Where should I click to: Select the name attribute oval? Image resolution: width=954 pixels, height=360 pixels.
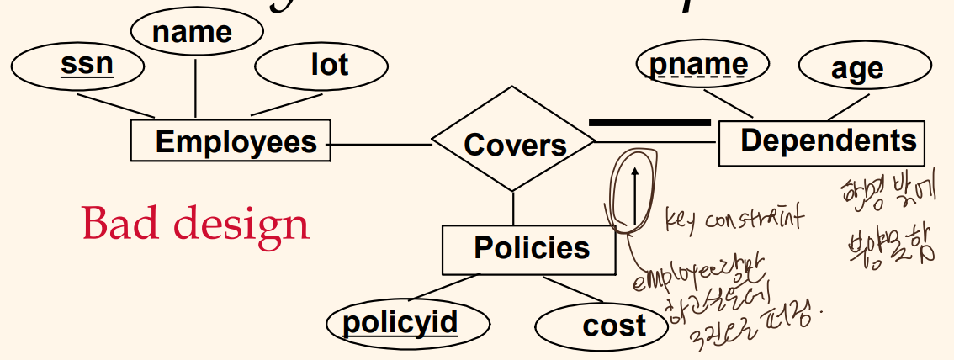point(193,32)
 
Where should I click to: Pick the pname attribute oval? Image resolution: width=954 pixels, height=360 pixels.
point(698,65)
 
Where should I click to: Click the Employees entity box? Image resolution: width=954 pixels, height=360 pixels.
point(231,140)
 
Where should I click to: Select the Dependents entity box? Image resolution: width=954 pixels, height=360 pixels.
point(821,141)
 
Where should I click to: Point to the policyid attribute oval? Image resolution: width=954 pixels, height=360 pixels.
point(399,322)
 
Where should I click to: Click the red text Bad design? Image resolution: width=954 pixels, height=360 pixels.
point(195,225)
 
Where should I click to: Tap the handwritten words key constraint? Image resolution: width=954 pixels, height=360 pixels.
point(733,220)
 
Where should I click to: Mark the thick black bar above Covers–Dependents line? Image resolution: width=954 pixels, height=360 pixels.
point(649,123)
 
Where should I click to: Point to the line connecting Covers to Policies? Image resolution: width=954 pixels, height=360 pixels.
point(513,208)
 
